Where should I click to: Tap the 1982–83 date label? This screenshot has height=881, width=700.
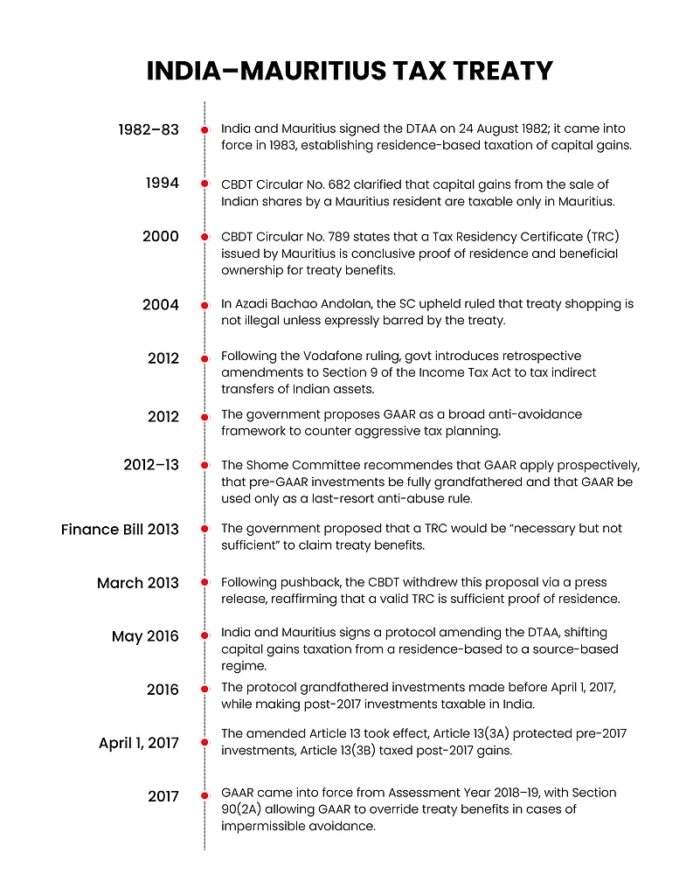point(149,130)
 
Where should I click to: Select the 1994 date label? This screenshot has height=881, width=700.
point(162,183)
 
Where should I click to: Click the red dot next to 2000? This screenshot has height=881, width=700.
point(204,237)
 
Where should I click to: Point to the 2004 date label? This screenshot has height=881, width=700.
point(161,305)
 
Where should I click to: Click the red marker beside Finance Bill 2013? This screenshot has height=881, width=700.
point(204,530)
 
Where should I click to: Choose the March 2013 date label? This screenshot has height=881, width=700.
point(138,583)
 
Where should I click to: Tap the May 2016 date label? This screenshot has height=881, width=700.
point(145,636)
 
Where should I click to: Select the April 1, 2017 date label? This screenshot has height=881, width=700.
point(139,744)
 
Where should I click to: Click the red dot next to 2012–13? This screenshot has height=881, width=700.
point(204,466)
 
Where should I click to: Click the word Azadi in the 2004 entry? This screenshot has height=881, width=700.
point(252,304)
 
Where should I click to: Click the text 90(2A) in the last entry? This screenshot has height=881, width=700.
point(247,809)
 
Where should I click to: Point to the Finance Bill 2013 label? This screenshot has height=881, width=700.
point(120,530)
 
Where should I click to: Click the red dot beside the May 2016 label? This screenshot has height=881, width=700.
point(204,636)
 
